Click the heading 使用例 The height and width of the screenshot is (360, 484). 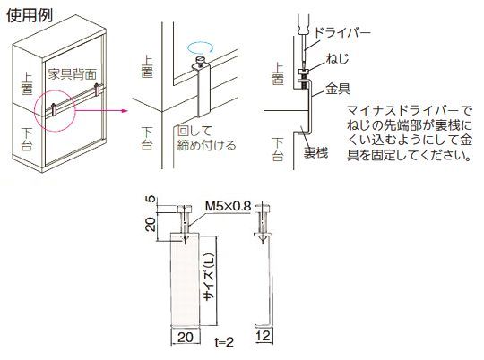pos(30,15)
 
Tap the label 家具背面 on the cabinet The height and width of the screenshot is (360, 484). pos(73,74)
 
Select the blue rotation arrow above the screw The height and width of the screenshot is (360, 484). pos(201,47)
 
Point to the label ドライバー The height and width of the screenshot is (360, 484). pos(342,33)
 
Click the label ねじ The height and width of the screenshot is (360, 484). pos(337,58)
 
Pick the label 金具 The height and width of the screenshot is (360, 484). pos(337,89)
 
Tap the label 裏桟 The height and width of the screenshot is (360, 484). pos(315,152)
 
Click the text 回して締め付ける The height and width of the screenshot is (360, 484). pos(206,138)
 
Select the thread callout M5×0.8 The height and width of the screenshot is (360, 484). pos(229,206)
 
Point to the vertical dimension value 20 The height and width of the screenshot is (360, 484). pos(151,224)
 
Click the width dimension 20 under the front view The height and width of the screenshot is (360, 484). pos(186,337)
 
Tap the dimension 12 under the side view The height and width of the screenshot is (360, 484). pos(264,335)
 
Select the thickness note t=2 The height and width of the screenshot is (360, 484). pos(224,342)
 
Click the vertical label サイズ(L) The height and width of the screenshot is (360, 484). pos(209,277)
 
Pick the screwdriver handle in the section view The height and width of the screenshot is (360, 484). pos(304,25)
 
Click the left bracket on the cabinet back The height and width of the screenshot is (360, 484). pos(54,109)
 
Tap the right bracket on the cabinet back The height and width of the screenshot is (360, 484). pos(97,90)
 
